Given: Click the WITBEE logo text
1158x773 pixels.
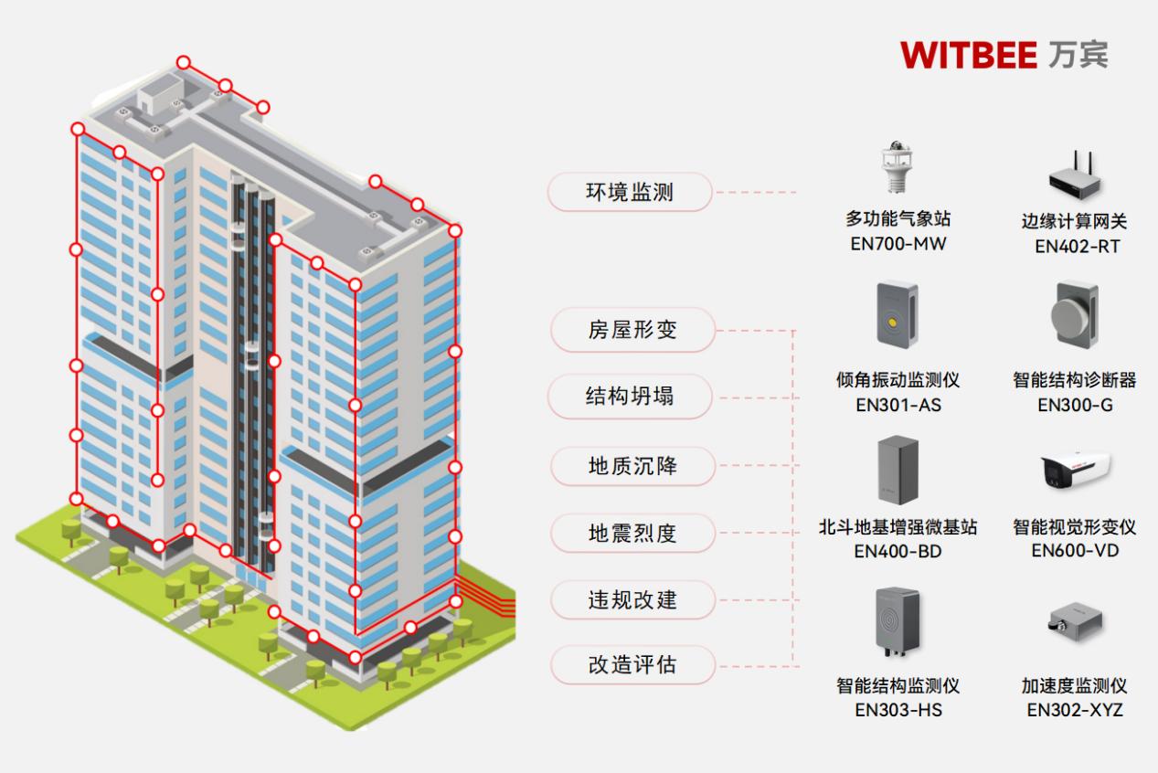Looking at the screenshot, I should tap(968, 55).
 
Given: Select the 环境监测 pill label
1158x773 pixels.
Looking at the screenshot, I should tap(630, 192).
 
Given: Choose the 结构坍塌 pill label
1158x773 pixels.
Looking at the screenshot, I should tap(630, 397).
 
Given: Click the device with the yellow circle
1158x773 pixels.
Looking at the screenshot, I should tap(897, 315).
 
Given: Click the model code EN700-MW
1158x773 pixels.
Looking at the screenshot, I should tap(898, 244).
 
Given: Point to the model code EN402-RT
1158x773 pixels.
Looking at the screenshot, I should tap(1077, 247).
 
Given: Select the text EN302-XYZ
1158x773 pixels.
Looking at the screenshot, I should tap(1075, 710).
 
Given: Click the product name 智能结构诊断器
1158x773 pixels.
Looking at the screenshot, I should tap(1075, 380).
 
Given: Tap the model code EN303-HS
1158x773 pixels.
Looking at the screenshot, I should tap(898, 710).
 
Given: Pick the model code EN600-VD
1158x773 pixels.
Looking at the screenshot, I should tap(1075, 550).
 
